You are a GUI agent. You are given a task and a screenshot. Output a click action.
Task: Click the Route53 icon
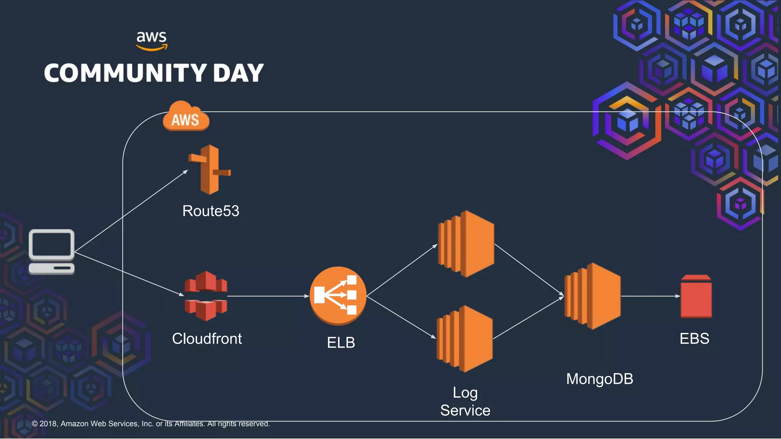click(209, 169)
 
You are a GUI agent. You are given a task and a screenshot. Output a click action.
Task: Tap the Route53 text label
click(211, 211)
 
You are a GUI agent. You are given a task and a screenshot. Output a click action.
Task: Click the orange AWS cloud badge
click(186, 117)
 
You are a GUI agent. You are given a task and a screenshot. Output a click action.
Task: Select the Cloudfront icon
click(206, 296)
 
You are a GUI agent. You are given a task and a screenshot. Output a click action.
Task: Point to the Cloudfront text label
click(207, 339)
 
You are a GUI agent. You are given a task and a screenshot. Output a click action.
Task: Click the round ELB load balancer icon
click(338, 295)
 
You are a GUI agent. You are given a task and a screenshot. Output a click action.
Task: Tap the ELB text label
click(341, 343)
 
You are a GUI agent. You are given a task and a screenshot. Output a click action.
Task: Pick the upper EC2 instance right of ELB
click(466, 244)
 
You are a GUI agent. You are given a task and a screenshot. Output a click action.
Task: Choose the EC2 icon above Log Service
click(465, 339)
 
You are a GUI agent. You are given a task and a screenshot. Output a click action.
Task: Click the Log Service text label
click(465, 402)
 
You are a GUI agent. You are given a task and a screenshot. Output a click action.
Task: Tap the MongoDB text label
click(599, 379)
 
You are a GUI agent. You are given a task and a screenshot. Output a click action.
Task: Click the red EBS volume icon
click(696, 296)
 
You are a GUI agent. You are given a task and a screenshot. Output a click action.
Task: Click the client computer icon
click(51, 252)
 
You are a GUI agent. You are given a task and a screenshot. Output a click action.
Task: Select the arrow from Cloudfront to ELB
click(267, 296)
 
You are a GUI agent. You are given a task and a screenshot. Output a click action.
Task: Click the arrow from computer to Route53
click(132, 211)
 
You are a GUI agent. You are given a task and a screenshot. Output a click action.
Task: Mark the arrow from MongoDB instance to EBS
click(650, 296)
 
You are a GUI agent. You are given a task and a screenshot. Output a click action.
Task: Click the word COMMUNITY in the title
click(125, 73)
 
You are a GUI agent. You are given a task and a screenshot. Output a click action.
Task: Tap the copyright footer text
click(151, 424)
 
